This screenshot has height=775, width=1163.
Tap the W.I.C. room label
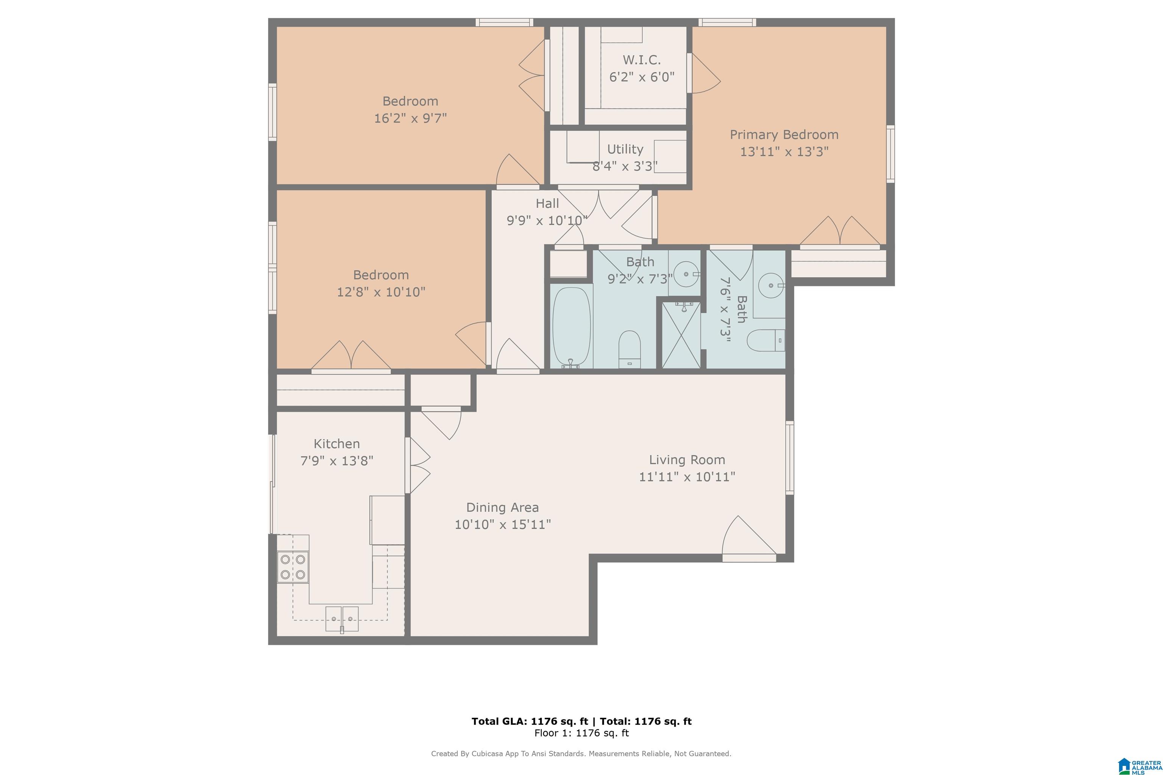click(x=641, y=60)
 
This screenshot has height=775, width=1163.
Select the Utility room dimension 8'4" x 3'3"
click(x=625, y=166)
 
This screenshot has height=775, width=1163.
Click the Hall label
click(x=547, y=203)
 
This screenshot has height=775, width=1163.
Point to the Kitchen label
click(x=337, y=444)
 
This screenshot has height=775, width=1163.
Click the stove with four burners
click(x=293, y=566)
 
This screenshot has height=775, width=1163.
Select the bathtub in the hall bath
click(x=572, y=327)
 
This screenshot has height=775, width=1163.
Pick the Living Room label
click(x=687, y=460)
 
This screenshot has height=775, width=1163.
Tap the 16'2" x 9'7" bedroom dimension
click(x=410, y=118)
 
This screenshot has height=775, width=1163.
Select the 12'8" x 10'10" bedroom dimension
click(x=381, y=292)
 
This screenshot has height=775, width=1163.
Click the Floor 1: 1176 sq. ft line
click(x=581, y=733)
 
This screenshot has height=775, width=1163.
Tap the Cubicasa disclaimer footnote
click(x=581, y=754)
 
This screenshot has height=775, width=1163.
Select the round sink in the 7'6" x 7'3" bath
click(x=771, y=285)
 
